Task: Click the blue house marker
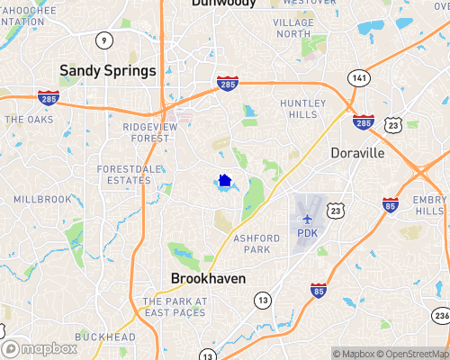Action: pos(225,180)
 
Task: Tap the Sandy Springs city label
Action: pos(107,70)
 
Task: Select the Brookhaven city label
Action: pos(208,279)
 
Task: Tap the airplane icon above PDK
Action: pos(308,218)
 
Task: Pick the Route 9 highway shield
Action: pos(105,40)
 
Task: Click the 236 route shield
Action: pos(441,315)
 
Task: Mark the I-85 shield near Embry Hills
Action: pos(391,204)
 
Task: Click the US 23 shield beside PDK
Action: pos(335,210)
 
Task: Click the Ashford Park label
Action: pos(269,243)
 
